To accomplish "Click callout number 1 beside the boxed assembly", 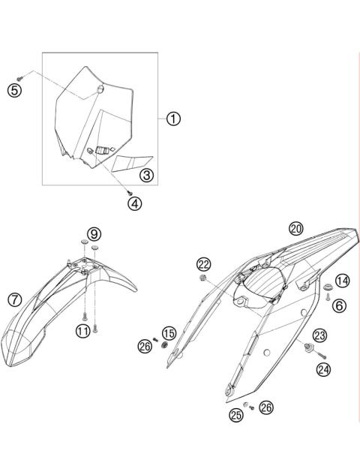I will pyautogui.click(x=173, y=119).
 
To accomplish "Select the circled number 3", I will pyautogui.click(x=146, y=176).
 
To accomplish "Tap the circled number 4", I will pyautogui.click(x=133, y=203).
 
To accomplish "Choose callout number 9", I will pyautogui.click(x=93, y=234).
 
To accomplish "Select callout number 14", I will pyautogui.click(x=342, y=281).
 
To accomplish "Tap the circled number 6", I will pyautogui.click(x=340, y=305).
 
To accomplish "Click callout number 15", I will pyautogui.click(x=169, y=332).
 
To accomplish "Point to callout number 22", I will pyautogui.click(x=204, y=263).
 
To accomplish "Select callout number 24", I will pyautogui.click(x=323, y=368).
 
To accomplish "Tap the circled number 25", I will pyautogui.click(x=237, y=414).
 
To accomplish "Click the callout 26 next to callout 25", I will pyautogui.click(x=267, y=407).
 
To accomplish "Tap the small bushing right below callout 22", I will pyautogui.click(x=202, y=279).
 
